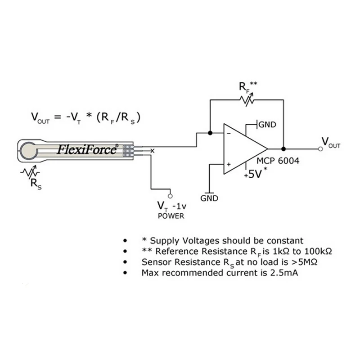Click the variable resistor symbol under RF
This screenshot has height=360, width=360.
(x=247, y=100)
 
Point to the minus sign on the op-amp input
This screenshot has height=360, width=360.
(x=228, y=134)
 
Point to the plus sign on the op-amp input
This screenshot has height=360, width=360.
(x=228, y=165)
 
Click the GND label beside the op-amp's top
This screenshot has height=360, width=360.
(x=267, y=125)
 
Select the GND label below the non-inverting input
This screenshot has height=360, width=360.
(x=209, y=198)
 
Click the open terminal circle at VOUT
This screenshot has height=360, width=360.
(x=320, y=149)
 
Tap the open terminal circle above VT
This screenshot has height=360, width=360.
(x=170, y=195)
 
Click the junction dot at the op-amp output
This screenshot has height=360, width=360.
(x=283, y=149)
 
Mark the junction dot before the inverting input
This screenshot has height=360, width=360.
(x=210, y=133)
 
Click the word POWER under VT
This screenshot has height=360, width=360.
(x=171, y=216)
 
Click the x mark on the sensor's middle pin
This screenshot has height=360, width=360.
(x=152, y=150)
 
